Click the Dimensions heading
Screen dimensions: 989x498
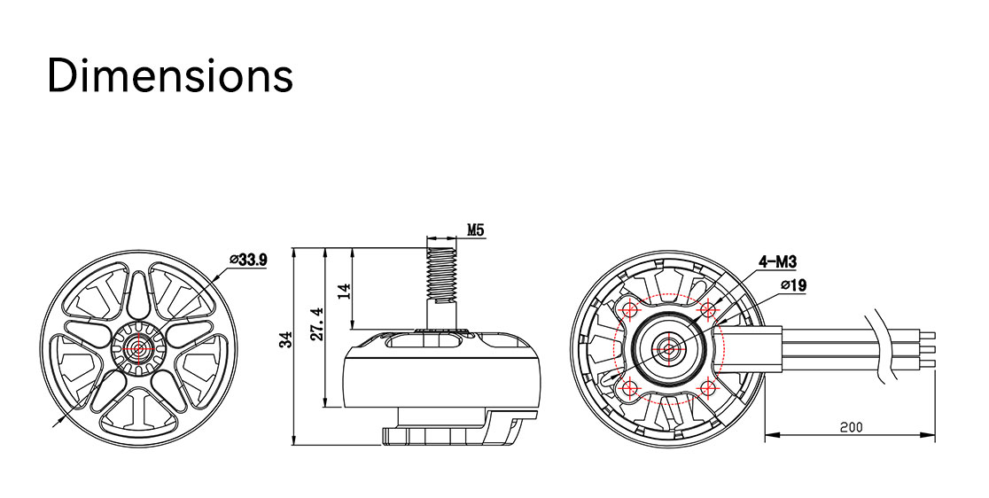170,75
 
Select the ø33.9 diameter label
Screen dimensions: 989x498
248,260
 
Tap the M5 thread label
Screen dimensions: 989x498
476,230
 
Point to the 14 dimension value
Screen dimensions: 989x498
343,291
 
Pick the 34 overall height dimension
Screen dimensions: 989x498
287,340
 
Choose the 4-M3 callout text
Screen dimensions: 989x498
778,261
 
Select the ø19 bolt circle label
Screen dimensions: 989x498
793,285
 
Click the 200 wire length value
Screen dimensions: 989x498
851,427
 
